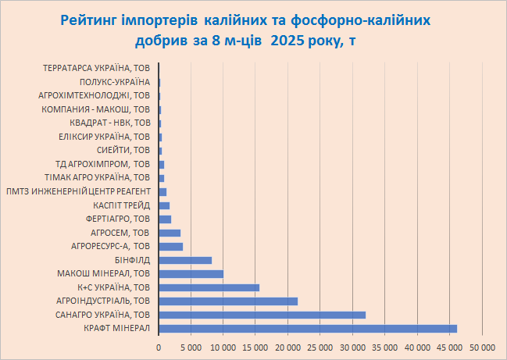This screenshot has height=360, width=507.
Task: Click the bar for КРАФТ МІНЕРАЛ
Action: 308,329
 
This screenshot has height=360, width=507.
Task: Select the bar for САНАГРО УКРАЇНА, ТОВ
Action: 262,315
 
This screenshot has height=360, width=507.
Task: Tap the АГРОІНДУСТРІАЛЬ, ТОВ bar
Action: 228,301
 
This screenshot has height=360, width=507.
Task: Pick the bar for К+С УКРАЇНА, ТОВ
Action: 209,287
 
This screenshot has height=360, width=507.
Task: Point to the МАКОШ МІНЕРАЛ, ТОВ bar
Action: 191,274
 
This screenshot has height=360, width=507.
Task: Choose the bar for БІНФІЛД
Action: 185,260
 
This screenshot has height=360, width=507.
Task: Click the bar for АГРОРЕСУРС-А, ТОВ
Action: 170,247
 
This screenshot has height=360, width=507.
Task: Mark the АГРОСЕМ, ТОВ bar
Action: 170,233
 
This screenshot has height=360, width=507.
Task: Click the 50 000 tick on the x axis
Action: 482,345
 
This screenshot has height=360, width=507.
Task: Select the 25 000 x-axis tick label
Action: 320,345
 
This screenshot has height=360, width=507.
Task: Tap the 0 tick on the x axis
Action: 159,345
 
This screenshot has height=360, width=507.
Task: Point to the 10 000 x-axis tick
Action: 223,345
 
